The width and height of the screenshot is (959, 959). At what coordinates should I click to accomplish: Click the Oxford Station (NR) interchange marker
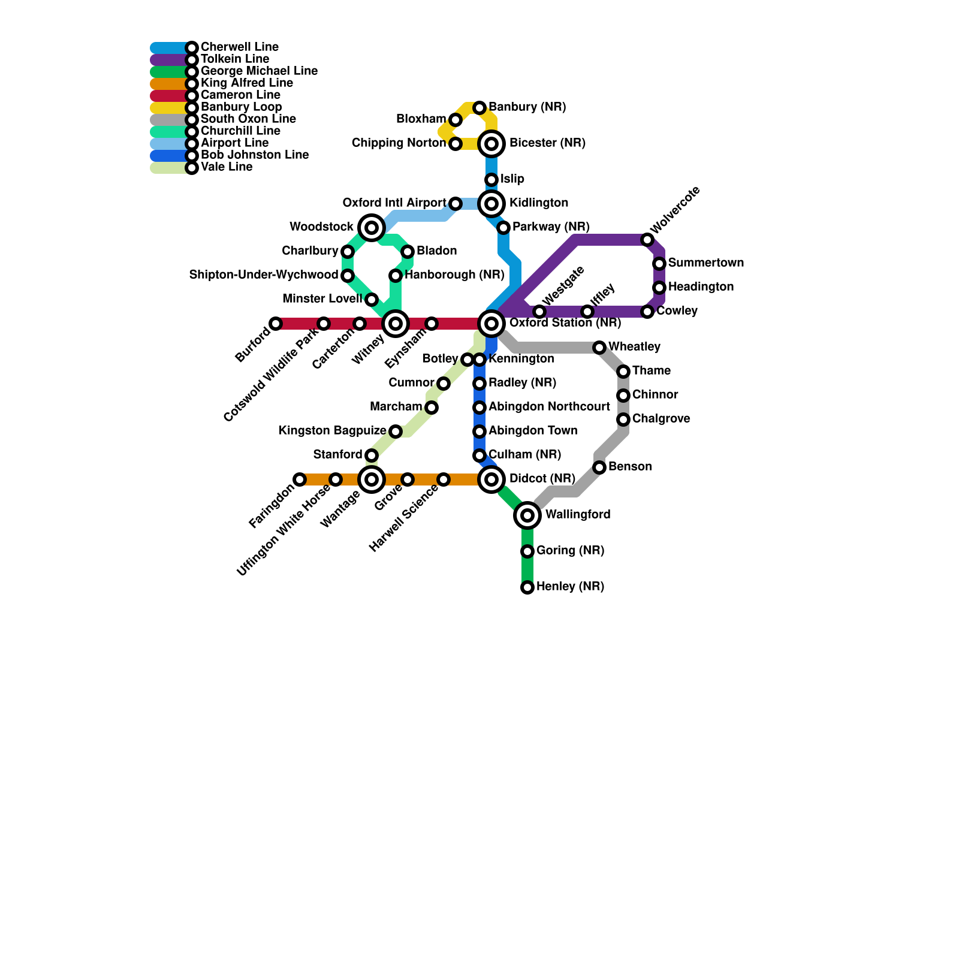click(491, 324)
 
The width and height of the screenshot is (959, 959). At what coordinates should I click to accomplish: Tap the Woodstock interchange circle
click(372, 228)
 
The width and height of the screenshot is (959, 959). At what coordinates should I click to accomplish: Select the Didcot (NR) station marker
click(491, 479)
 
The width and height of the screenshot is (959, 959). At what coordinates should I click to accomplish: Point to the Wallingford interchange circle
click(527, 515)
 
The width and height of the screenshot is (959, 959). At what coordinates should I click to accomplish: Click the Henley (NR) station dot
click(527, 587)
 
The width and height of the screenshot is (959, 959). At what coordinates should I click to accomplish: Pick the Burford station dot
click(276, 324)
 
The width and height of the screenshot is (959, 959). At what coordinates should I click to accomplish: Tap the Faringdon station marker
click(300, 479)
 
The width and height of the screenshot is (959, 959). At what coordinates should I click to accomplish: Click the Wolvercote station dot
click(647, 240)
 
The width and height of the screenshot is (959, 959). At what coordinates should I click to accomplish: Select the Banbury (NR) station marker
click(479, 108)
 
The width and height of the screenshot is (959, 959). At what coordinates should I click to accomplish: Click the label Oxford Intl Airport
click(394, 203)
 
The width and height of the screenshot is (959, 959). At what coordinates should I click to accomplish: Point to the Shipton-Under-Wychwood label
click(263, 275)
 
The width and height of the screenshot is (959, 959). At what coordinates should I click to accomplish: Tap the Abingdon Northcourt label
click(549, 407)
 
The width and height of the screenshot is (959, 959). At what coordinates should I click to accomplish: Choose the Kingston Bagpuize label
click(332, 431)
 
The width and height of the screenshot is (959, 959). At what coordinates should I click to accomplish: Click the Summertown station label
click(705, 263)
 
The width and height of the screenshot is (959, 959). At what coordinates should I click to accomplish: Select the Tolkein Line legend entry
click(234, 59)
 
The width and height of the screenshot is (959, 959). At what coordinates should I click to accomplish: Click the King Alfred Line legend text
click(246, 83)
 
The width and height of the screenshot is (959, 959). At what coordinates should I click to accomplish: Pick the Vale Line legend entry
click(226, 167)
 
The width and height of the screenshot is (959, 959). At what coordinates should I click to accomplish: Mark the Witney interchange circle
click(396, 324)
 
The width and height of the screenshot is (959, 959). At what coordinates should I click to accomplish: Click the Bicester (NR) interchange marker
click(491, 144)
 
